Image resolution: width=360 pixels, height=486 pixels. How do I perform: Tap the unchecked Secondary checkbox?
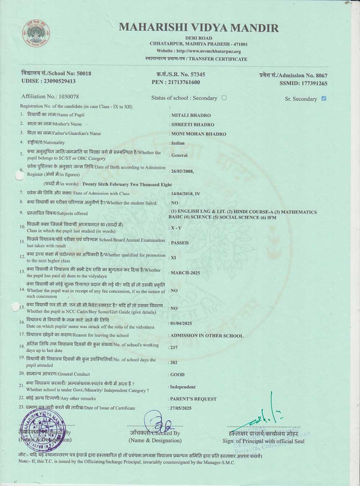coord(224,98)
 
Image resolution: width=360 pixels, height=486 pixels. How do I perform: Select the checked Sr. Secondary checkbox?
coord(324,98)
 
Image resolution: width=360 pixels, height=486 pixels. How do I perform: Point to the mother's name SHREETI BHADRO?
coord(193,125)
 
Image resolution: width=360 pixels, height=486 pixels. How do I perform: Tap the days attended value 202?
coord(174,363)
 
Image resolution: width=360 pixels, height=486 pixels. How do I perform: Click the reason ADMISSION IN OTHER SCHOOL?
coord(207,336)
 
